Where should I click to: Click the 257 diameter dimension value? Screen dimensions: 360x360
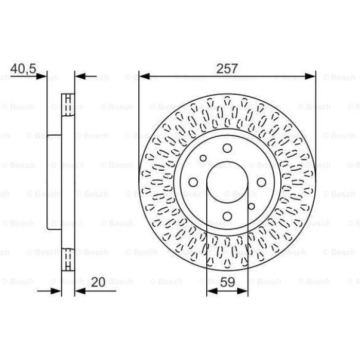point(227,68)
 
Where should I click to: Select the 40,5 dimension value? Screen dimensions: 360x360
point(24,68)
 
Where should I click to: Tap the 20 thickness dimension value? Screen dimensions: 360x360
point(98,282)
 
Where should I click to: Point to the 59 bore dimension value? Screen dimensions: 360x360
point(227,282)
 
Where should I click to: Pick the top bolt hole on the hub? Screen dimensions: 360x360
point(227,148)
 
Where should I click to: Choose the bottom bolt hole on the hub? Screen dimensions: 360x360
point(227,217)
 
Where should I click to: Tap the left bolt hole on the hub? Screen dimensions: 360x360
point(193,182)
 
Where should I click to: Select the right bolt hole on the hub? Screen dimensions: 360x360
point(261,182)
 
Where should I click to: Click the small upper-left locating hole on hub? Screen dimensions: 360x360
point(203,158)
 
